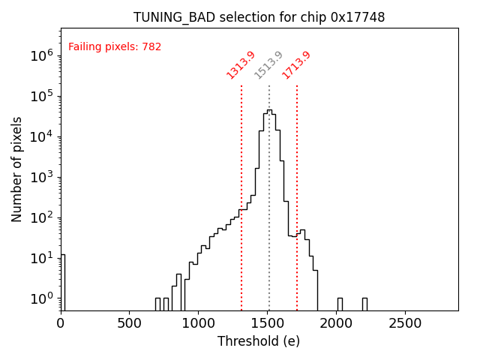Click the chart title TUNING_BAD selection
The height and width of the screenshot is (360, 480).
[259, 17]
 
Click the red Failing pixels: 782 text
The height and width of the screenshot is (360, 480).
[115, 47]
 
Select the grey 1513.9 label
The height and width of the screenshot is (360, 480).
[269, 65]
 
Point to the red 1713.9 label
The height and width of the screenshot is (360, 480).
[297, 65]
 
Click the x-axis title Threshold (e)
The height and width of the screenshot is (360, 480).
[259, 341]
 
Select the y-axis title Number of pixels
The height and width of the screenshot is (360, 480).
[17, 169]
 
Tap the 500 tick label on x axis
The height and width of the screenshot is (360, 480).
[130, 323]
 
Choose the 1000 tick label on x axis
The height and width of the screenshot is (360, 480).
[199, 323]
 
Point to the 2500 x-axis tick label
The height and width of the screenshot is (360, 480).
[406, 323]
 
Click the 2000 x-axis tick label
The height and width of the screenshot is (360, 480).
[337, 323]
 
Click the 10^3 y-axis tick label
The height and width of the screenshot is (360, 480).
[41, 177]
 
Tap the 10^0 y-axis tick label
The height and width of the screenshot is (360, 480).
[41, 298]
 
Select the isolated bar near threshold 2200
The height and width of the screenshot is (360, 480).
[364, 304]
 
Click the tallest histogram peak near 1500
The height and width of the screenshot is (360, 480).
[269, 111]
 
